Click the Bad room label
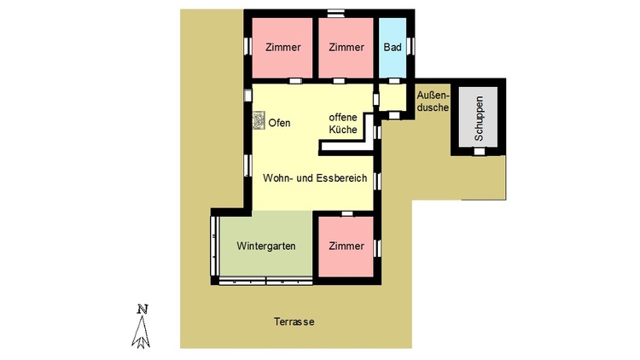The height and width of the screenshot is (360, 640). [393, 48]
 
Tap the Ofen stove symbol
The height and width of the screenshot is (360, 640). [259, 121]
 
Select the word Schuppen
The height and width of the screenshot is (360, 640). [479, 119]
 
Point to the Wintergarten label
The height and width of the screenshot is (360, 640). [266, 247]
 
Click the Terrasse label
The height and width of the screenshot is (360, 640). [294, 322]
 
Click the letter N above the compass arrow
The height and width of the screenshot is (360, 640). [142, 310]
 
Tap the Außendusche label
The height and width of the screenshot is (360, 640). [433, 102]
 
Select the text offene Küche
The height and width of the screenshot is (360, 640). [343, 123]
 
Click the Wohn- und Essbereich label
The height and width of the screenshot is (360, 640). [315, 178]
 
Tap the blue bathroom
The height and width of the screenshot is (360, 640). [393, 48]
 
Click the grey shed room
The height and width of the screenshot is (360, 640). [479, 117]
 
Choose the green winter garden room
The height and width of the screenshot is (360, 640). [266, 244]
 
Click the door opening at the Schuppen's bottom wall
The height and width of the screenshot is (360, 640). [480, 152]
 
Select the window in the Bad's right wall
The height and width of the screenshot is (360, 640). [410, 46]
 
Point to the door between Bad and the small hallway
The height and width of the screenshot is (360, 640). [393, 81]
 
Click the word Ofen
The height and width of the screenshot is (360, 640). [279, 123]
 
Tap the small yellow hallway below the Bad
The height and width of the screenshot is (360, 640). [393, 97]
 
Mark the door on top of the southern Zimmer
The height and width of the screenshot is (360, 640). [347, 213]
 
